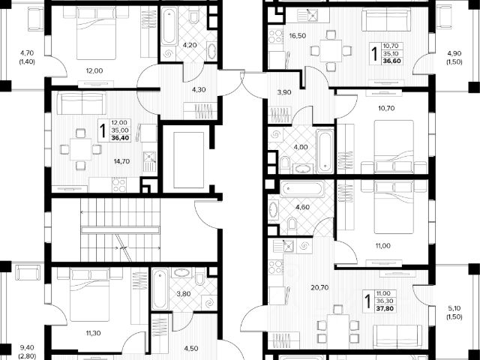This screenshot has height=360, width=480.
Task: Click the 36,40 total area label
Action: pyautogui.click(x=120, y=137)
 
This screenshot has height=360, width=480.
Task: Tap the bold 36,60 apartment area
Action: pyautogui.click(x=391, y=62)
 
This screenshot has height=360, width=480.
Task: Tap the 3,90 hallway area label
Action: pyautogui.click(x=283, y=92)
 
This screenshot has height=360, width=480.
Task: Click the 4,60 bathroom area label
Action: pyautogui.click(x=302, y=206)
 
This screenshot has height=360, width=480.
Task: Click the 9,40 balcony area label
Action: pyautogui.click(x=27, y=347)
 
